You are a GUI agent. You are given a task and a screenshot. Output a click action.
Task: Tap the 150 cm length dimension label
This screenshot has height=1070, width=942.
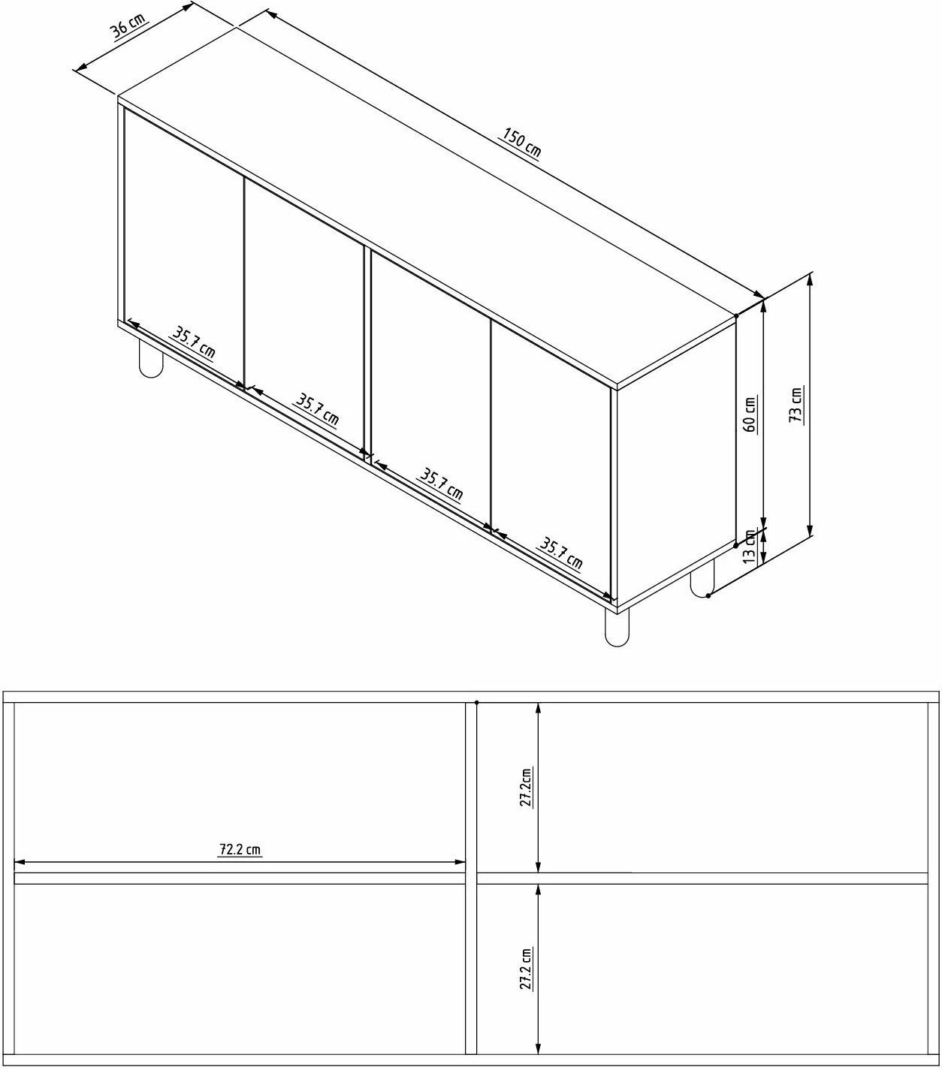click(x=521, y=143)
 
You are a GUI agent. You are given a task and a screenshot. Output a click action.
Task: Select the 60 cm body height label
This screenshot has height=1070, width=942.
click(x=749, y=414)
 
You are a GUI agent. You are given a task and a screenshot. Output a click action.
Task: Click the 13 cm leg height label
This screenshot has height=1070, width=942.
click(x=749, y=547)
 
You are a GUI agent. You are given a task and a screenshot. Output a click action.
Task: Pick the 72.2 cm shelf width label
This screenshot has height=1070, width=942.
click(x=240, y=849)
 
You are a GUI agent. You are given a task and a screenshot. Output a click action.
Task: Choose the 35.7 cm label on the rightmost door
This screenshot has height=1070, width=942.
click(x=561, y=553)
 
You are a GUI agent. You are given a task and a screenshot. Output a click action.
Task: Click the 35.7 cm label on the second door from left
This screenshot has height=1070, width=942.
click(x=316, y=409)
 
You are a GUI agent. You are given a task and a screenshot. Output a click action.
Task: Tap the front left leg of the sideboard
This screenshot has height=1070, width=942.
click(x=151, y=357)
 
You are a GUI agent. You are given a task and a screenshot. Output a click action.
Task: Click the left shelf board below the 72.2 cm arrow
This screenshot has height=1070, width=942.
click(x=240, y=879)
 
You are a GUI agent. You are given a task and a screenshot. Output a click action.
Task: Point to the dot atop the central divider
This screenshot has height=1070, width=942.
click(x=476, y=702)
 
